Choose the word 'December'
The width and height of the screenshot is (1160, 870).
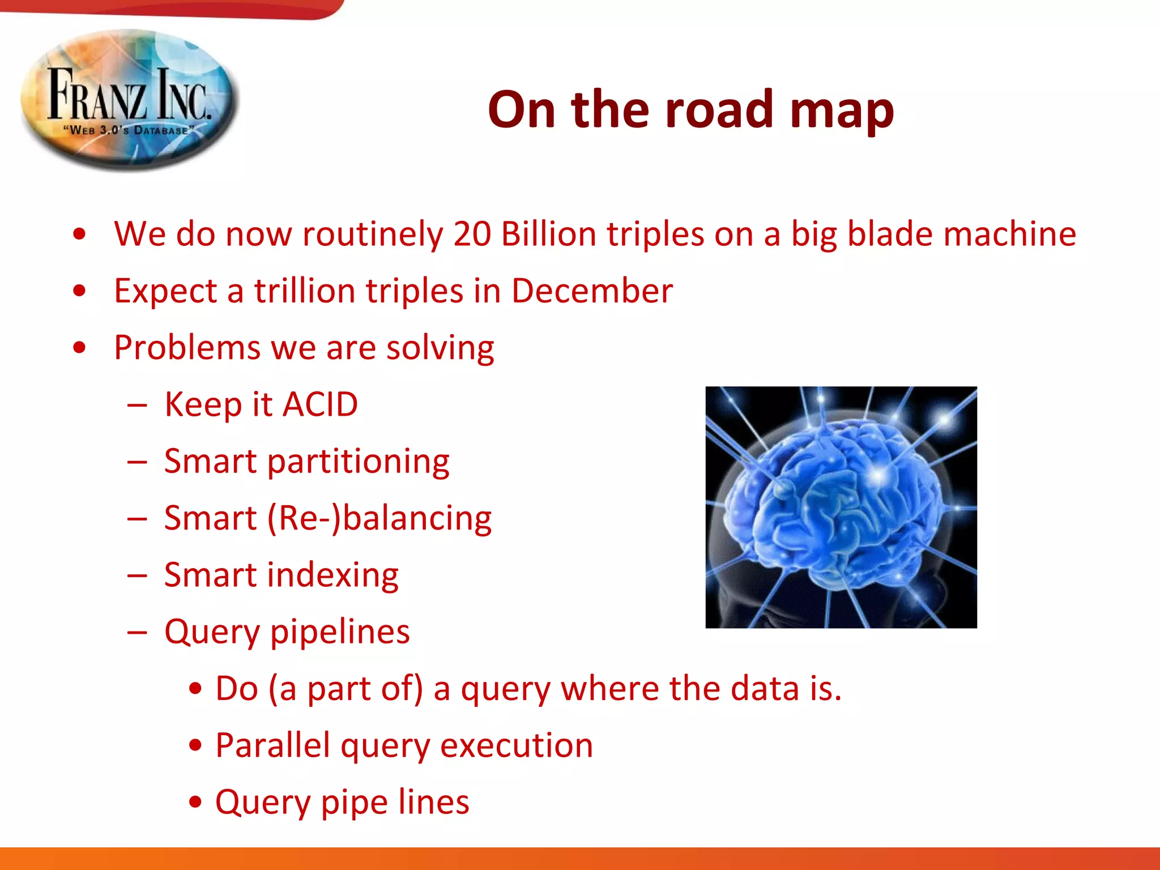pos(592,291)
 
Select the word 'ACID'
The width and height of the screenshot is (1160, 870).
pos(320,404)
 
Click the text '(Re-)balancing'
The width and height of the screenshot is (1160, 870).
pos(378,518)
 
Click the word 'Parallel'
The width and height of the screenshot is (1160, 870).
pos(272,745)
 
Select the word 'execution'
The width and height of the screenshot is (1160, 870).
pos(517,745)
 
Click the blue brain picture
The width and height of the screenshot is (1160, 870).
pos(841,507)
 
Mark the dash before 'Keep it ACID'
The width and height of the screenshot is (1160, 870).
pos(138,406)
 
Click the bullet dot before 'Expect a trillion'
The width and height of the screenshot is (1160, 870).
pos(80,291)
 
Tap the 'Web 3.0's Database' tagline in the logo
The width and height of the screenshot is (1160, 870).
pos(129,130)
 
